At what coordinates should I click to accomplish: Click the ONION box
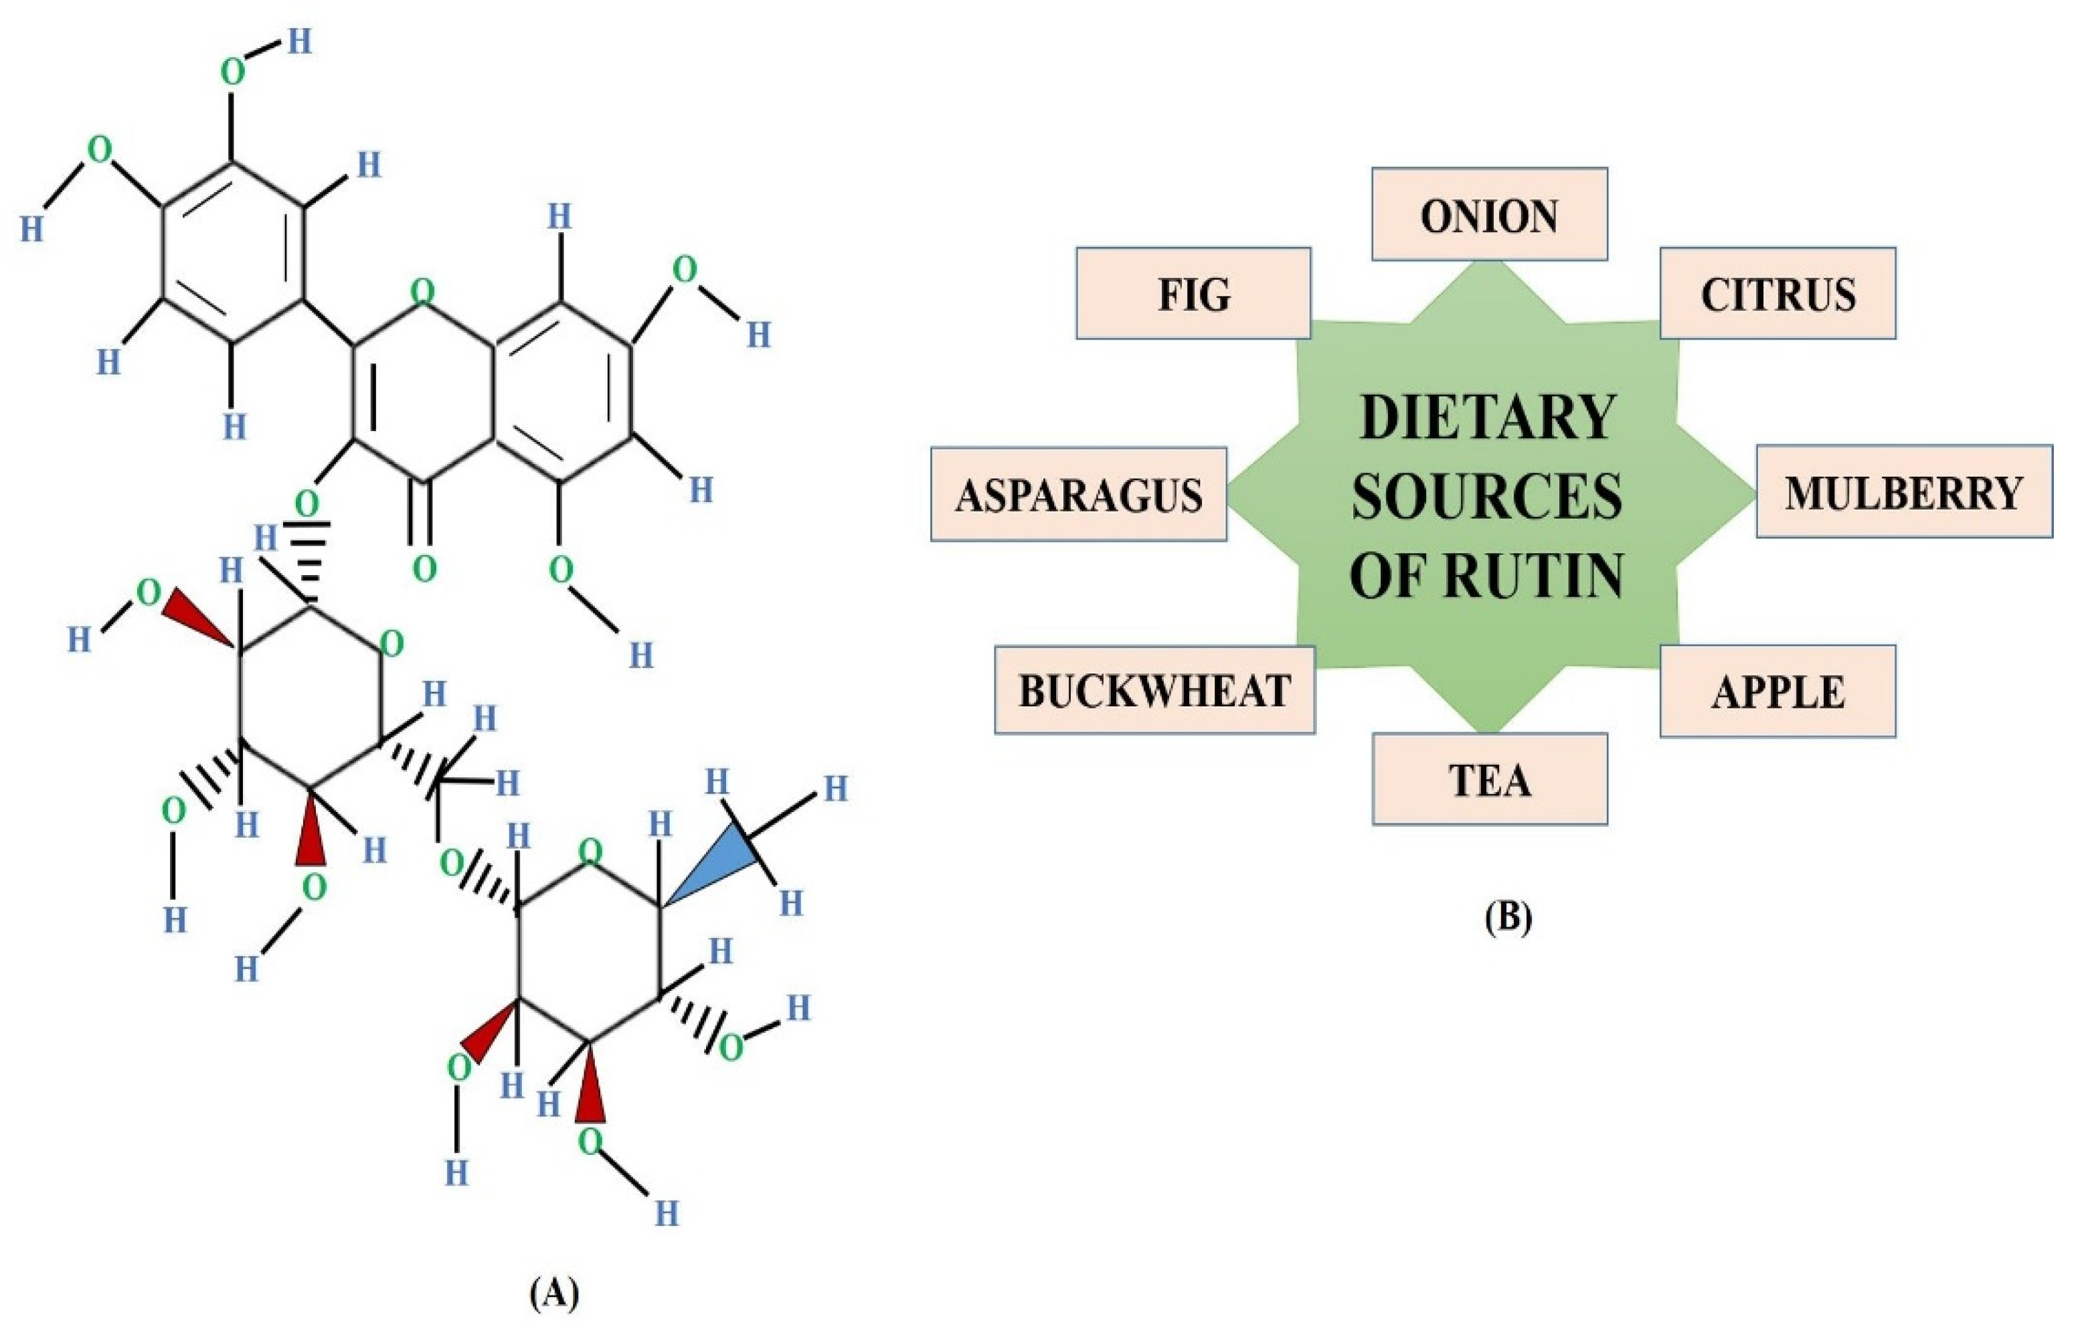pos(1488,214)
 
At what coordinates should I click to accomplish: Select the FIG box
pos(1193,293)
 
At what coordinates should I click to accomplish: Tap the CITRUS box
pos(1777,293)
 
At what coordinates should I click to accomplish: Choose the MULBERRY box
pos(1903,492)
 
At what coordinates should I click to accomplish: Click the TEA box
pos(1489,779)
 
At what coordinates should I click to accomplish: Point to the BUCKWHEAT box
pos(1154,690)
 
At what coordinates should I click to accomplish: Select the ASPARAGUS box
pos(1078,495)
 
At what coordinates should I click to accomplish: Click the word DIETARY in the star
pos(1488,418)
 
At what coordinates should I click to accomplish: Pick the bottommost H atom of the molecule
pos(666,1213)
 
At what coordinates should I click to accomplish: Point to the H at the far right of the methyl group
pos(835,788)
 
